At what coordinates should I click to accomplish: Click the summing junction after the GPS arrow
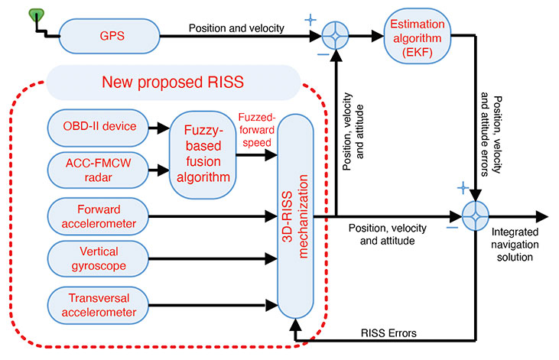coord(336,35)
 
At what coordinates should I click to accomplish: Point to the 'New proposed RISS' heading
coord(172,81)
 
